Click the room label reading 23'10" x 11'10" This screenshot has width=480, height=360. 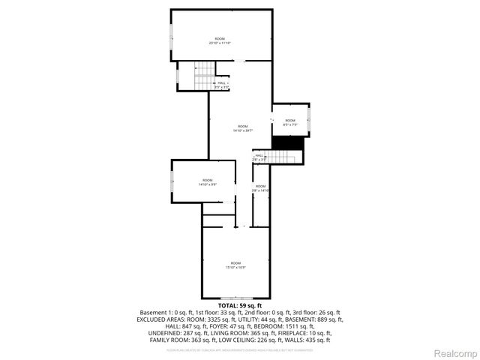coord(220,40)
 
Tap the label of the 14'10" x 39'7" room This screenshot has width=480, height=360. coord(242,128)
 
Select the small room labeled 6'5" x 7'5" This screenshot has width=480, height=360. coord(289,122)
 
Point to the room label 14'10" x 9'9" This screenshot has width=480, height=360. coord(206,182)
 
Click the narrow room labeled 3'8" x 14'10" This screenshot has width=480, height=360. coord(260,188)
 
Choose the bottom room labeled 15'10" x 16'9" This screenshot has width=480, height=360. coord(236,265)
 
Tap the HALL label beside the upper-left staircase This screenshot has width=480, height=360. coord(221,85)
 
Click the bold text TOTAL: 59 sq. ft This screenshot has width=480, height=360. coord(240,306)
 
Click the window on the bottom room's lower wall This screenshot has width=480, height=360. coord(236,298)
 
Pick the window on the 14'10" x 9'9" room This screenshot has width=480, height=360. coord(172,181)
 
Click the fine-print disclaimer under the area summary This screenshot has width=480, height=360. coord(240,349)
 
